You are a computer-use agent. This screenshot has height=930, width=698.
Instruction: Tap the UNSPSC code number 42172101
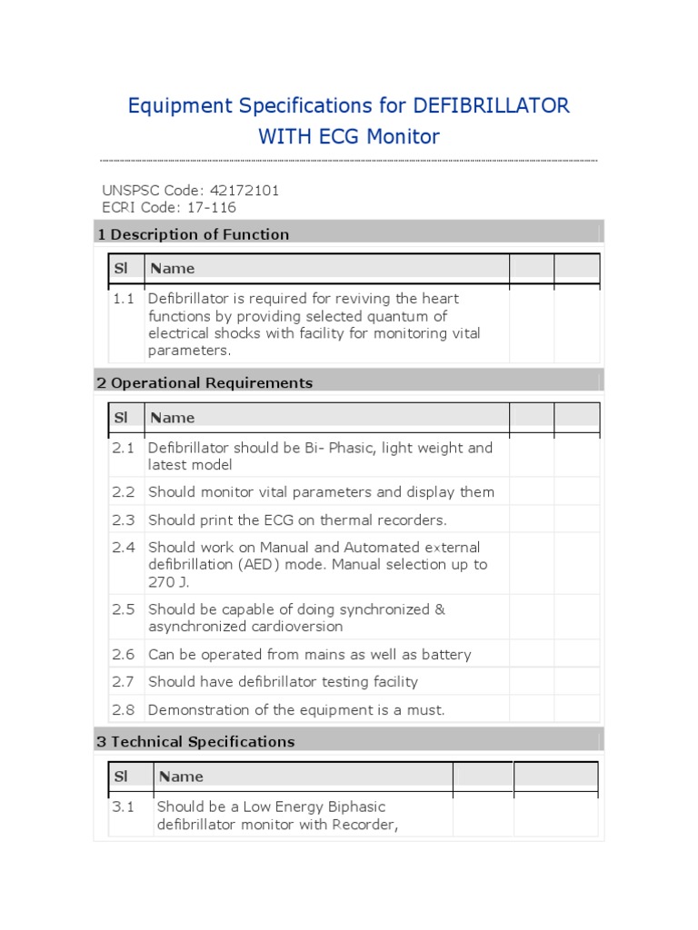244,191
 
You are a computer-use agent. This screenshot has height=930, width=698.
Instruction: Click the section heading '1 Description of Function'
193,234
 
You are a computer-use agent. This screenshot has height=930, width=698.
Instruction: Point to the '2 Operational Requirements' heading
204,383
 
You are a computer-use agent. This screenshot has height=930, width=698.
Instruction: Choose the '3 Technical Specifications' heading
195,742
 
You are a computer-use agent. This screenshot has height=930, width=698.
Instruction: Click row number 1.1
124,299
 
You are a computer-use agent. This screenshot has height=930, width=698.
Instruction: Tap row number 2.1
124,448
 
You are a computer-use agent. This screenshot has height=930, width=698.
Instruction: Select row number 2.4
124,548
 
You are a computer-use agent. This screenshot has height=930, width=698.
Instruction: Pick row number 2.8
124,709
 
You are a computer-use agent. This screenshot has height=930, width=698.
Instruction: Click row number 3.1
124,806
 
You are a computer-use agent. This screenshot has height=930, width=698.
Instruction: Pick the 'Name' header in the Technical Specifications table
181,777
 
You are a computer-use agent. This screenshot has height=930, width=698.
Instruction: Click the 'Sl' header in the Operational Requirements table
120,418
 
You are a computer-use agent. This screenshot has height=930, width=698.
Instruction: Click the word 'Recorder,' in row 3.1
364,825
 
